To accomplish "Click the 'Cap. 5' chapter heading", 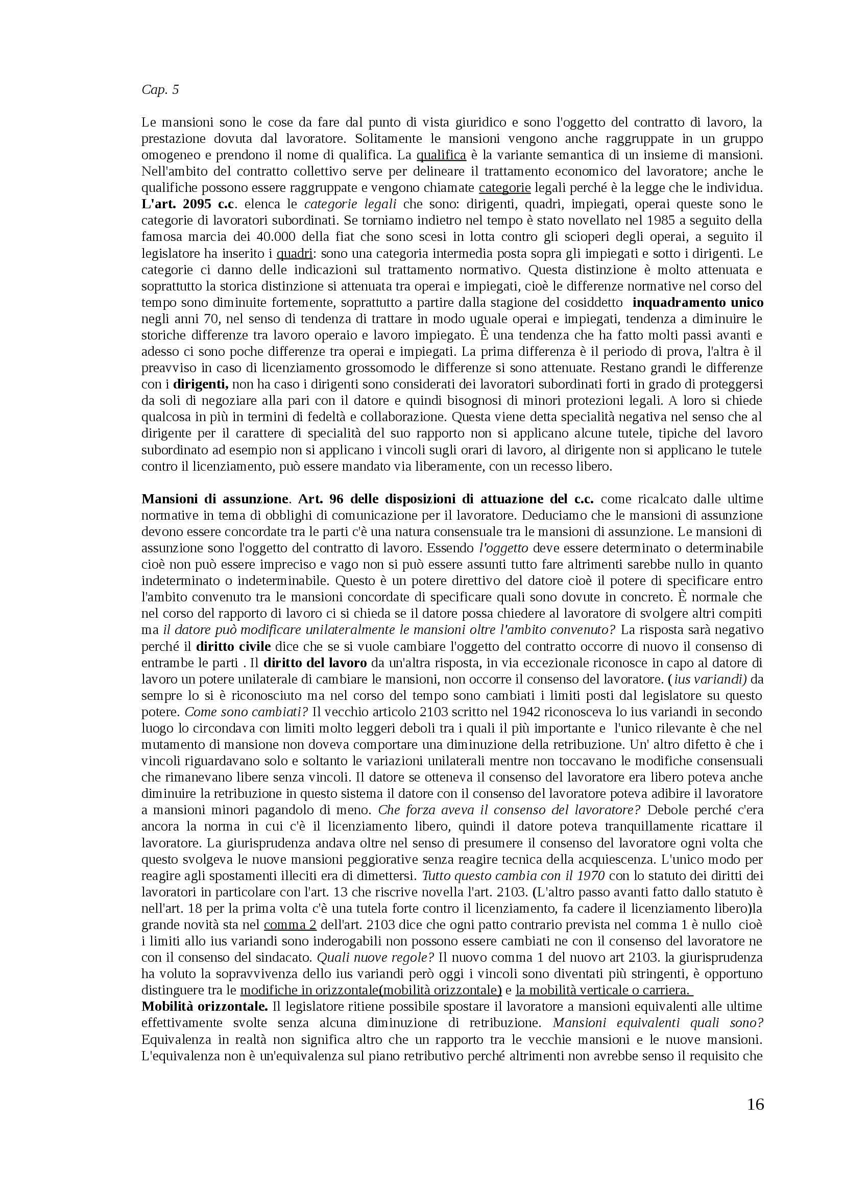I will point(160,89).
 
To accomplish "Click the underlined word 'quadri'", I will point(294,253).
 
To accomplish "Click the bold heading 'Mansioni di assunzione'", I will point(215,499).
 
